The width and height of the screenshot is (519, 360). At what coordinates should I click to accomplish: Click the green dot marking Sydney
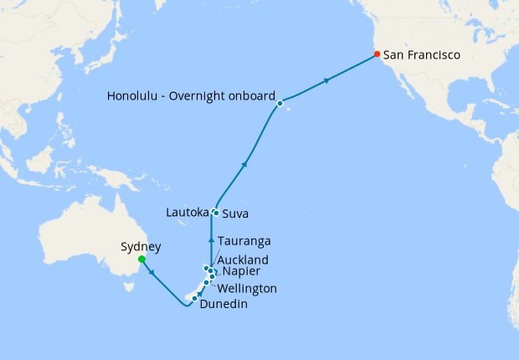coord(141,259)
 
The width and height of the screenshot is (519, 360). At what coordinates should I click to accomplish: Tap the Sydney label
coord(141,246)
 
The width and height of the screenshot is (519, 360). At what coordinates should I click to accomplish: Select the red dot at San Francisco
coord(377,54)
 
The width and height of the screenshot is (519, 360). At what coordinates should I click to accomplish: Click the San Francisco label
coord(422,55)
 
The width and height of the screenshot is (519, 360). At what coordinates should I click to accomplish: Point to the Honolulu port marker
coord(280,103)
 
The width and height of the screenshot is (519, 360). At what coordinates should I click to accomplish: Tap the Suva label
coord(235,213)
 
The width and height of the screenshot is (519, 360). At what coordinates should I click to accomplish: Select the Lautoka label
coord(186,213)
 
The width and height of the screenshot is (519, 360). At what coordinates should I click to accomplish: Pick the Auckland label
coord(243,260)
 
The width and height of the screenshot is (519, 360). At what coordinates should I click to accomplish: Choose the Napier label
coord(241,272)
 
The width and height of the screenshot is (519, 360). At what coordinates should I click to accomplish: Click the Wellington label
coord(247,288)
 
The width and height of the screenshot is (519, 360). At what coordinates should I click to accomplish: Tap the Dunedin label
coord(224,305)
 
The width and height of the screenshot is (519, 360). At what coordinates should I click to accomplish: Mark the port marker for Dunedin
coord(194,299)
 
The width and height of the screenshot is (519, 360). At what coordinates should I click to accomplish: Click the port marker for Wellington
coord(206,283)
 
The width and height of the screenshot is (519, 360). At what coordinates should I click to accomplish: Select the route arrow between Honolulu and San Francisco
coord(326,80)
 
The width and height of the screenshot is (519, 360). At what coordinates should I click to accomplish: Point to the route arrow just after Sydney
coord(152,271)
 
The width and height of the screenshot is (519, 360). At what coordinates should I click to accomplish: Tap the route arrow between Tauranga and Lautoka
coord(211,240)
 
